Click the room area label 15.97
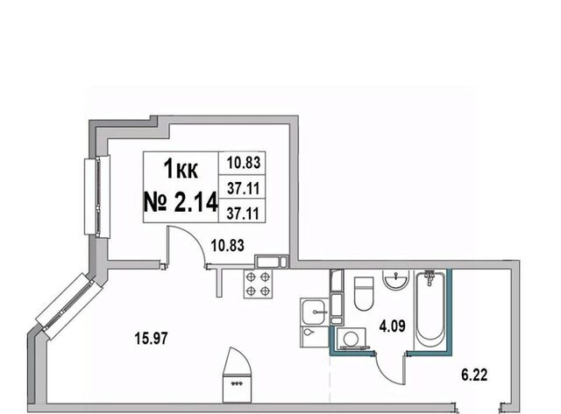tap(151, 338)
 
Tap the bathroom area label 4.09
tap(392, 326)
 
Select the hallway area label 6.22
tap(474, 375)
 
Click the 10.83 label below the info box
tap(228, 245)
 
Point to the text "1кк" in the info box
tap(181, 169)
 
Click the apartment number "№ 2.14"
tap(181, 202)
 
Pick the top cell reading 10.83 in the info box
tap(244, 163)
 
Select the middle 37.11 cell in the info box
tap(244, 188)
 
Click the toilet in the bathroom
tap(364, 293)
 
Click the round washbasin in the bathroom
tap(395, 278)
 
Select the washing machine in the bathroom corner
tap(351, 339)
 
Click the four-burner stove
tap(258, 284)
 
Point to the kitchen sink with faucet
tap(314, 312)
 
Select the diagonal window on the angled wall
tap(66, 306)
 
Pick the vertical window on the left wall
tap(97, 196)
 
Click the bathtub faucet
tap(430, 277)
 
